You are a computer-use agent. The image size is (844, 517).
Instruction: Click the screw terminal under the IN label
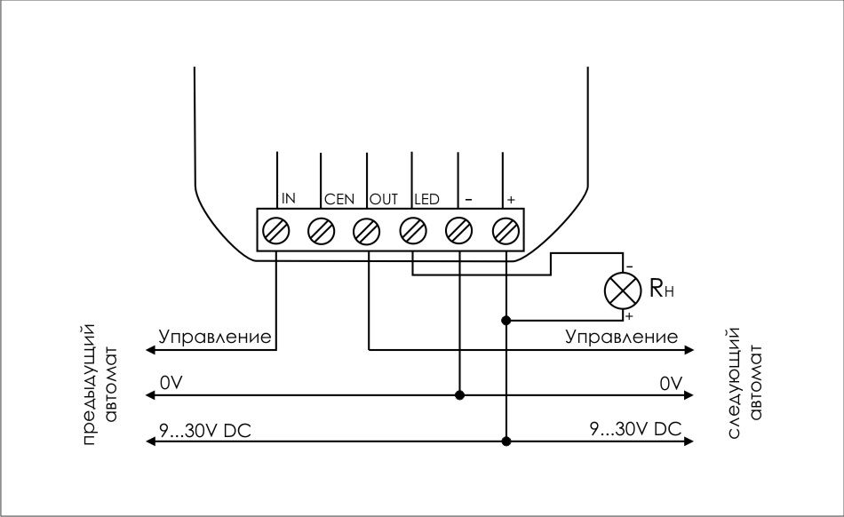(276, 231)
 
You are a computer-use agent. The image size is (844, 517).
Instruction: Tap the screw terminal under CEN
(320, 231)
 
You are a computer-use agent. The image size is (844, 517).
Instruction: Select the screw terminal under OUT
(366, 231)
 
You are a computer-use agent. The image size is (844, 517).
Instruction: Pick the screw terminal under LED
(412, 231)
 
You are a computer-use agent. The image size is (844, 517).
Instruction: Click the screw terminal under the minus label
(458, 231)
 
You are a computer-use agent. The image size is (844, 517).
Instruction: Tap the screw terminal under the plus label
(505, 231)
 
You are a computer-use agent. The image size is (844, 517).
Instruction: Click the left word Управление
(215, 338)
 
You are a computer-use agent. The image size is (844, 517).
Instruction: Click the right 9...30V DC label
(635, 429)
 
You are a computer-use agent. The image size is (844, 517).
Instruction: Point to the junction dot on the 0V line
(459, 394)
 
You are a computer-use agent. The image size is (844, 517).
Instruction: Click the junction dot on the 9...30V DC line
(506, 441)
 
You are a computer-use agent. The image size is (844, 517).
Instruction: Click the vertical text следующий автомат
(744, 383)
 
